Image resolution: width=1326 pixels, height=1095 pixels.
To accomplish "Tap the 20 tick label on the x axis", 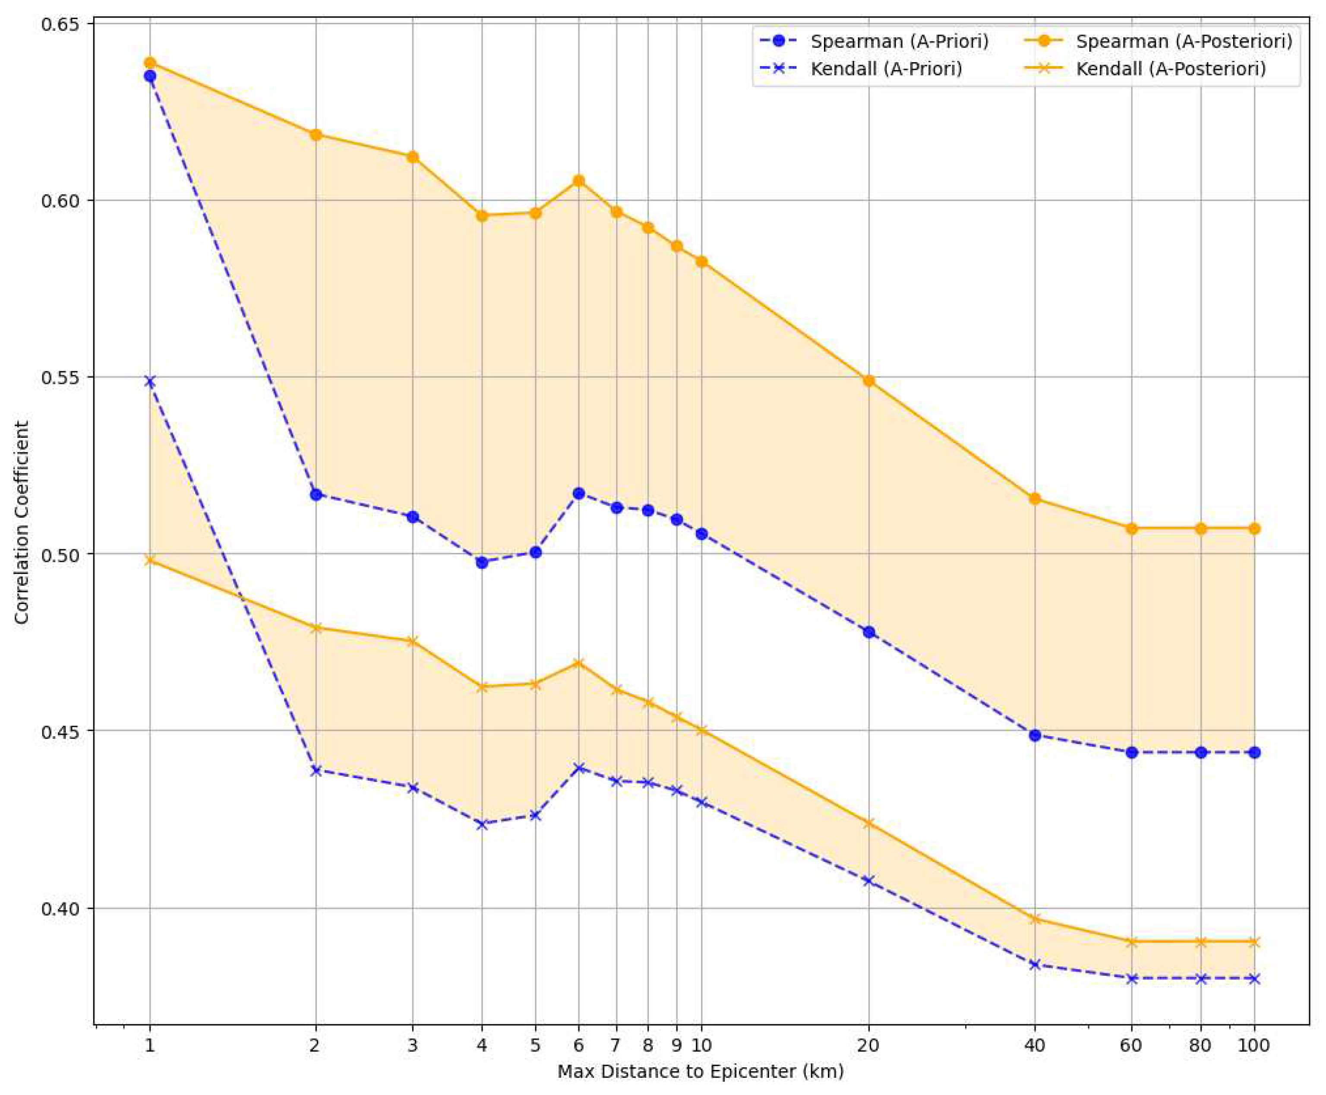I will (868, 1046).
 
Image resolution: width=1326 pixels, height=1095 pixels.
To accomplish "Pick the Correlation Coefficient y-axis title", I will (22, 522).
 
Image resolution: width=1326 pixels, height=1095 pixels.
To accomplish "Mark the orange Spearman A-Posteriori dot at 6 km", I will (579, 181).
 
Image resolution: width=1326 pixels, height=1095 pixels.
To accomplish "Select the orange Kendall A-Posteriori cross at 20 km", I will (868, 823).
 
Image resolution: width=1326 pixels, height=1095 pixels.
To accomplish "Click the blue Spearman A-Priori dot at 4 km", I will (482, 563).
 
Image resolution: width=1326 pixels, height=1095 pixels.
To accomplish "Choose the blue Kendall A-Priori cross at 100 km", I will (1254, 979).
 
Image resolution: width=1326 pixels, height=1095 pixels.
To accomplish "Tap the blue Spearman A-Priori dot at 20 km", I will (868, 632).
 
